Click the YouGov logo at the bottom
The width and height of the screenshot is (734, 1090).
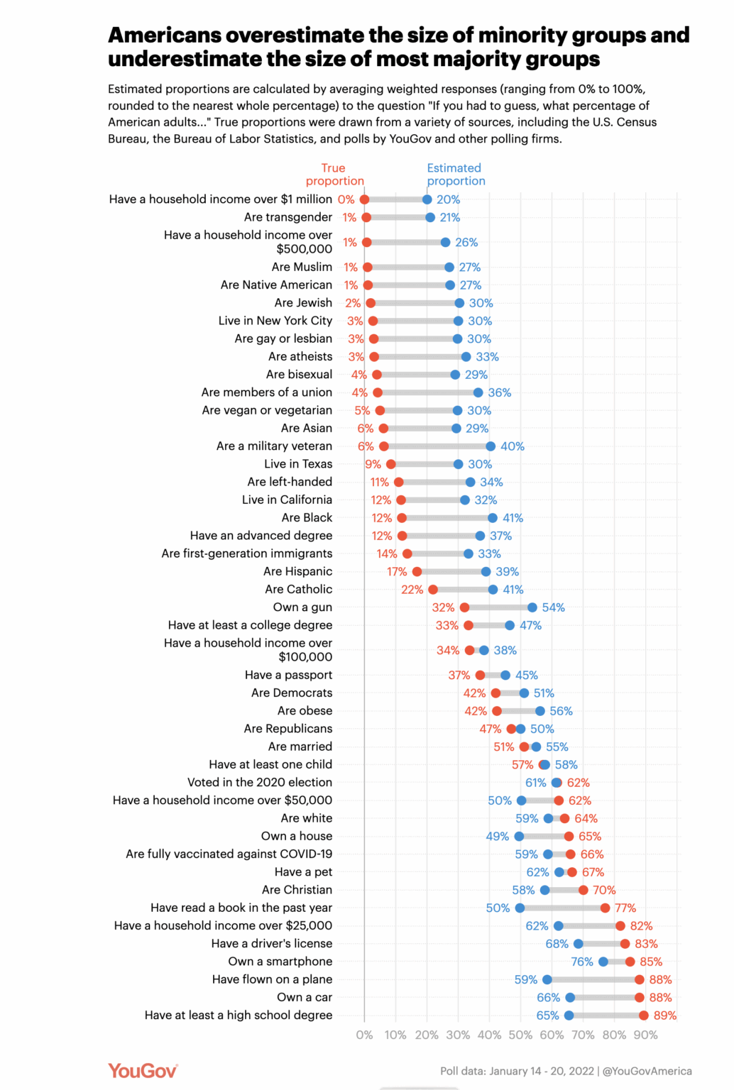(143, 1070)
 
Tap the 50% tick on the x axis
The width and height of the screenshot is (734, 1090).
(520, 1035)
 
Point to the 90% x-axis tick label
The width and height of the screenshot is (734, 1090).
(645, 1035)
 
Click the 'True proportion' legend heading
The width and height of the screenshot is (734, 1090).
(334, 175)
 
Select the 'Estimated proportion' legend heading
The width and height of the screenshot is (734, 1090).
(456, 175)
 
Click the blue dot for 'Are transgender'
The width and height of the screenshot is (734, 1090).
(430, 217)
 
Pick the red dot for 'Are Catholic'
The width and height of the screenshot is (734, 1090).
(433, 590)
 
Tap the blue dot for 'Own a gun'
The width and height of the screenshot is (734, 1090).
(532, 607)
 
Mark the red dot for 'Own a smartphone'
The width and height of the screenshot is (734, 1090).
(630, 962)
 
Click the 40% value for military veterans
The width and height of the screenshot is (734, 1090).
(513, 446)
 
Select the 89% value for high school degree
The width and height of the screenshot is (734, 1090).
(665, 1015)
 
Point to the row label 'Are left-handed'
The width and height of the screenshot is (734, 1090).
(290, 482)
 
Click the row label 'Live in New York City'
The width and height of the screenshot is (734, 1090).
(275, 321)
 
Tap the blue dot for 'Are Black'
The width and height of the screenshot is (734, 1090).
(493, 518)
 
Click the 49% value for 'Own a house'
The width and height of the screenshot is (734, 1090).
(498, 837)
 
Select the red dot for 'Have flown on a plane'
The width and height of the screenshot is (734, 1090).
(640, 979)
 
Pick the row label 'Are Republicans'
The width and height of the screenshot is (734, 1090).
(287, 729)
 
